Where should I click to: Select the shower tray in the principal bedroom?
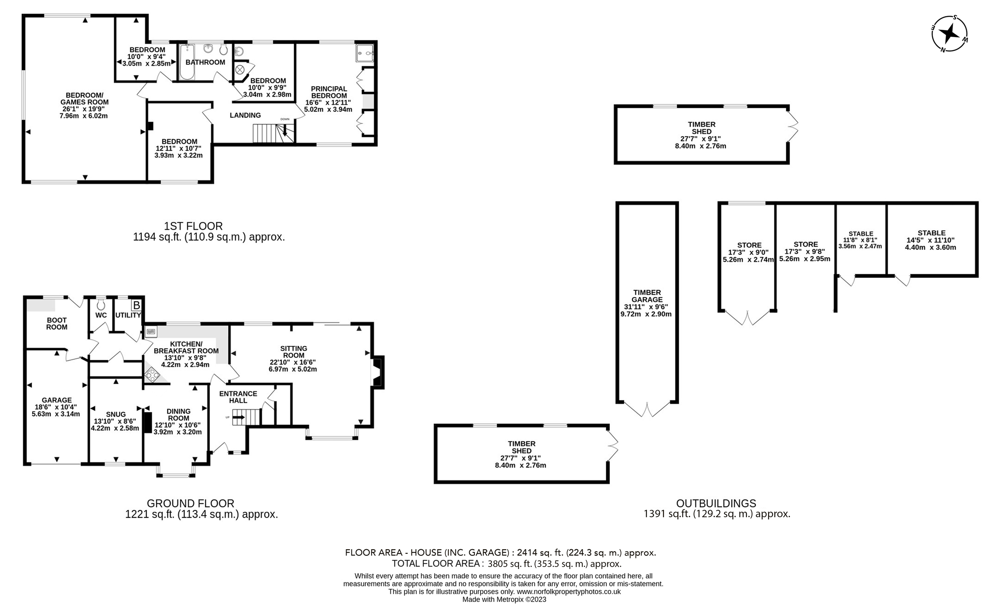(365, 54)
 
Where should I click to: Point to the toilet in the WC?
(101, 305)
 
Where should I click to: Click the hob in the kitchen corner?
(152, 375)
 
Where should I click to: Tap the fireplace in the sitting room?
(377, 372)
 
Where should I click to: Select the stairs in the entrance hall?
(246, 417)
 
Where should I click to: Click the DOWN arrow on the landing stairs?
(285, 131)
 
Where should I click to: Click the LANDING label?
(245, 115)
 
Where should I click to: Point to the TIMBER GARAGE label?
(647, 296)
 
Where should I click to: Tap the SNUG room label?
(116, 414)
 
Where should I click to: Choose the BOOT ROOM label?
(57, 324)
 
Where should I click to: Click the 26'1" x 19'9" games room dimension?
(84, 109)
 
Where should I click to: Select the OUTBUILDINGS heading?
(716, 503)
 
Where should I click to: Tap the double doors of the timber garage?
(647, 409)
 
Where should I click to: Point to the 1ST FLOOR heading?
(193, 226)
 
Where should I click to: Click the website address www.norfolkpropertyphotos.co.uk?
(569, 592)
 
